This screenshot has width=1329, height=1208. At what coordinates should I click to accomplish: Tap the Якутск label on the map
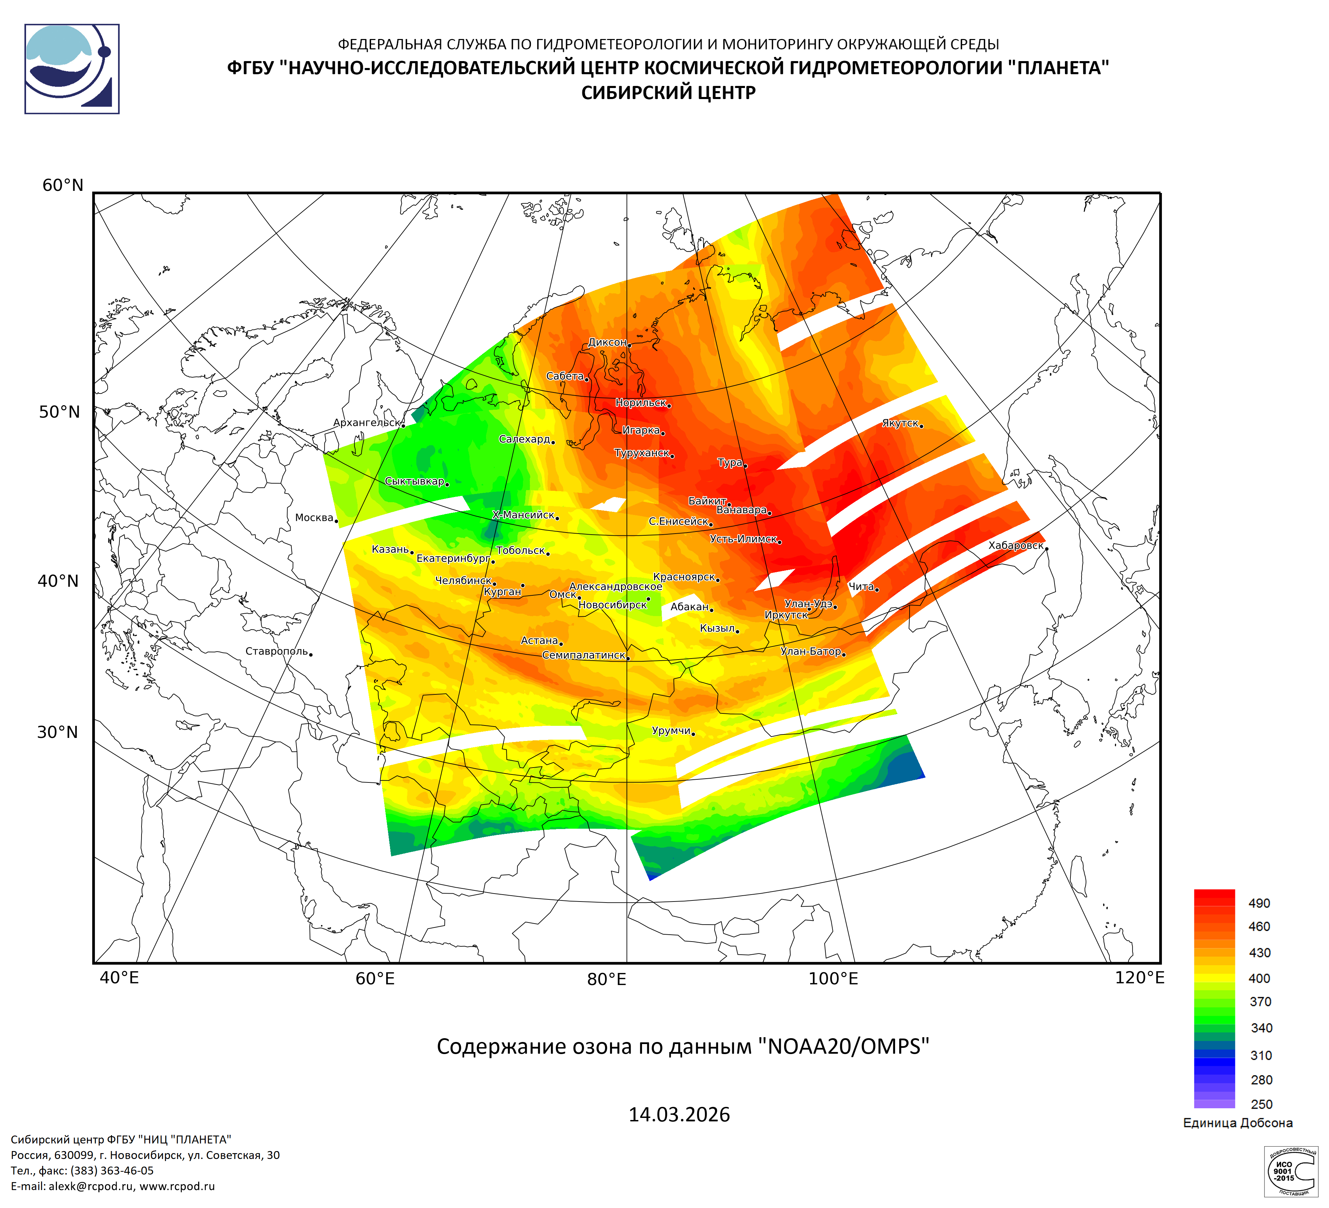900,423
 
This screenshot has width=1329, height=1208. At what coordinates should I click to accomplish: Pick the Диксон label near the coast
607,342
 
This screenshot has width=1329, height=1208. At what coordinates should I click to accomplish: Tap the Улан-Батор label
811,651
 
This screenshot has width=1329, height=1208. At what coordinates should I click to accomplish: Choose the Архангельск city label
367,422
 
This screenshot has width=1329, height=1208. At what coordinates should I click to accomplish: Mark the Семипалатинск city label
583,655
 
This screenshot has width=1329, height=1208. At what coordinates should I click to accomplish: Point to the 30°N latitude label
57,732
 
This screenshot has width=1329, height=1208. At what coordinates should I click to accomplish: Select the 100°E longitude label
833,979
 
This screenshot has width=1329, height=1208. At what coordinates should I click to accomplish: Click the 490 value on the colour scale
1259,903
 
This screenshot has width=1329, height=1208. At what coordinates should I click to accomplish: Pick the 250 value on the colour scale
1261,1104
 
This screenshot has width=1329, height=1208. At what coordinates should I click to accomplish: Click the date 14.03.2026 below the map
679,1114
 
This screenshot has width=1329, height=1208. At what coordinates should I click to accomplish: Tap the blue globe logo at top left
72,69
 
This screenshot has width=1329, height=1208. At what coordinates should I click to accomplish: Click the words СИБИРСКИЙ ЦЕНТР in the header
668,93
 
